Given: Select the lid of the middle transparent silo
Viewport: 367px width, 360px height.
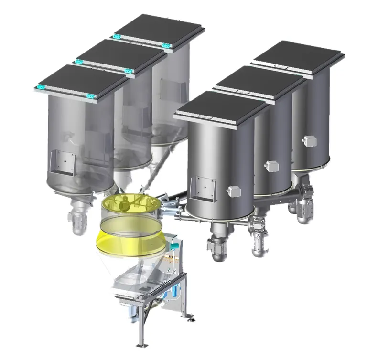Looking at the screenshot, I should (119, 56).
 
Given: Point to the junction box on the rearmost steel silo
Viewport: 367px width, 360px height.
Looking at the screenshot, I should (310, 140).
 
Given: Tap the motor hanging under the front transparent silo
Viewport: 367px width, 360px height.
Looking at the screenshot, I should (81, 220).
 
